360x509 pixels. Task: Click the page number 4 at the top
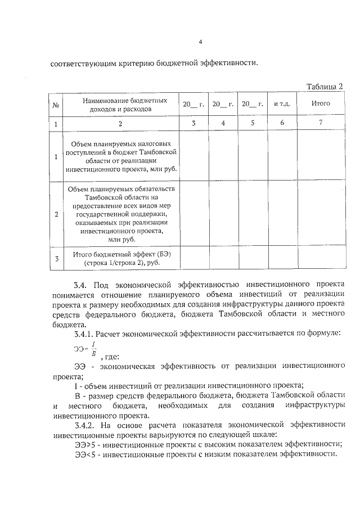pos(201,41)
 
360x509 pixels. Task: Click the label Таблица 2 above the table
pos(325,86)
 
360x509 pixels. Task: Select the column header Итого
pos(321,103)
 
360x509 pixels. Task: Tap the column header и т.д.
pos(282,104)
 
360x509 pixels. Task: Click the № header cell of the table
pos(56,105)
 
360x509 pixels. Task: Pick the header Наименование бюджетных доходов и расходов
pos(120,105)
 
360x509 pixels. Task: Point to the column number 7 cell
pos(321,123)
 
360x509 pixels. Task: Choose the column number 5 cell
pos(253,123)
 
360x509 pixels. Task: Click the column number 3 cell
pos(193,123)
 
